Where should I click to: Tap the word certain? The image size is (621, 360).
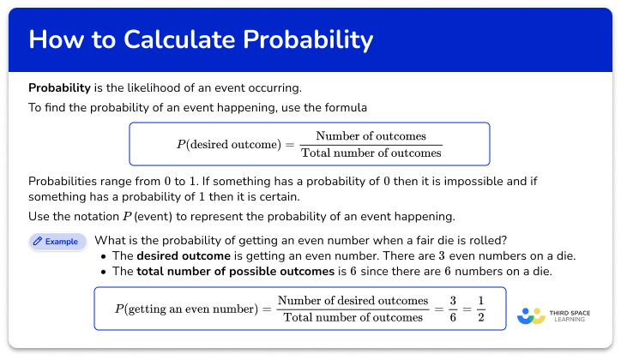tap(257, 196)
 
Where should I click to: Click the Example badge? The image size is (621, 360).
tap(57, 242)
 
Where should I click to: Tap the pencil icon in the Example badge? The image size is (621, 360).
tap(38, 242)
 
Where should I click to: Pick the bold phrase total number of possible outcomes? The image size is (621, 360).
tap(234, 271)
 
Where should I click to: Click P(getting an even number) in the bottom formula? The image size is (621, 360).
tap(185, 309)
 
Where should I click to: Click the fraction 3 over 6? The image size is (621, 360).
tap(451, 309)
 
